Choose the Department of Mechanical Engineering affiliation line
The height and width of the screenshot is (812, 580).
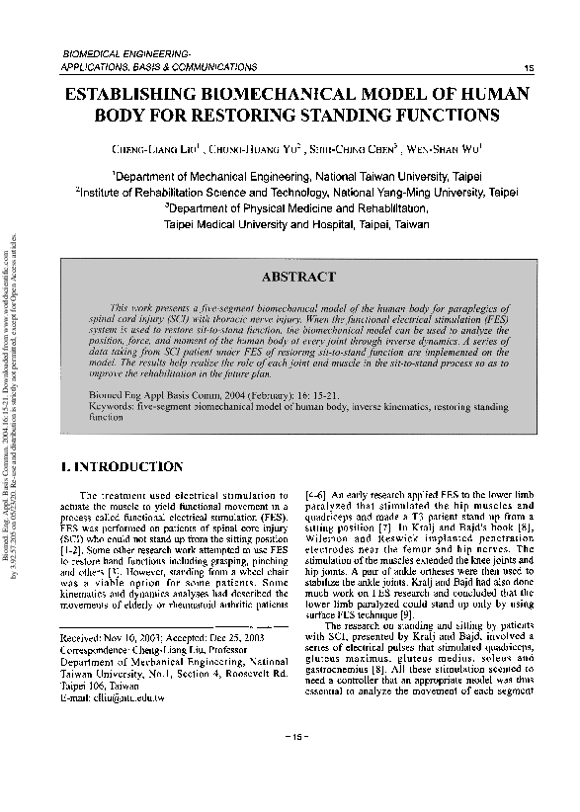click(296, 176)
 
